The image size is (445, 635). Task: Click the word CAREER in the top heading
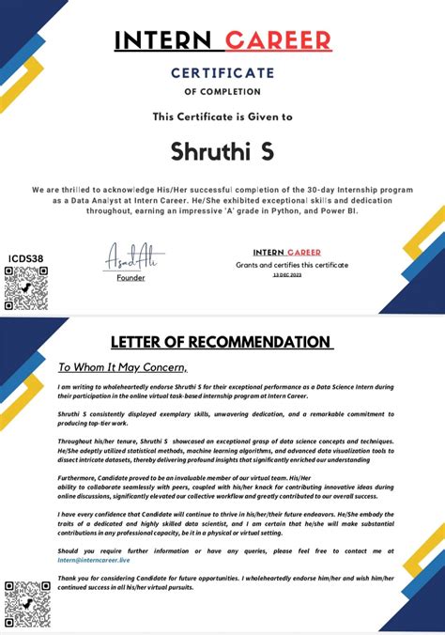278,40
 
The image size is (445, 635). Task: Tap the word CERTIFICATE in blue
222,72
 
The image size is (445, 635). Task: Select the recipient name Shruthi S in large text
222,150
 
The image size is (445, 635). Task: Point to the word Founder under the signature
130,277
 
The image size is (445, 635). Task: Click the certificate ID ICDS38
25,257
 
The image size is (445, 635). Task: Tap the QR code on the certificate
26,287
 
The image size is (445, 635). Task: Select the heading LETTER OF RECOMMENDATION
222,342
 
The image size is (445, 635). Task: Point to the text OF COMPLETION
222,92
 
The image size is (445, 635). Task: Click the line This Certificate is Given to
222,117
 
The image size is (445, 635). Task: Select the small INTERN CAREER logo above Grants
286,253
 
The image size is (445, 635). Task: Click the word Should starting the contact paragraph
70,550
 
